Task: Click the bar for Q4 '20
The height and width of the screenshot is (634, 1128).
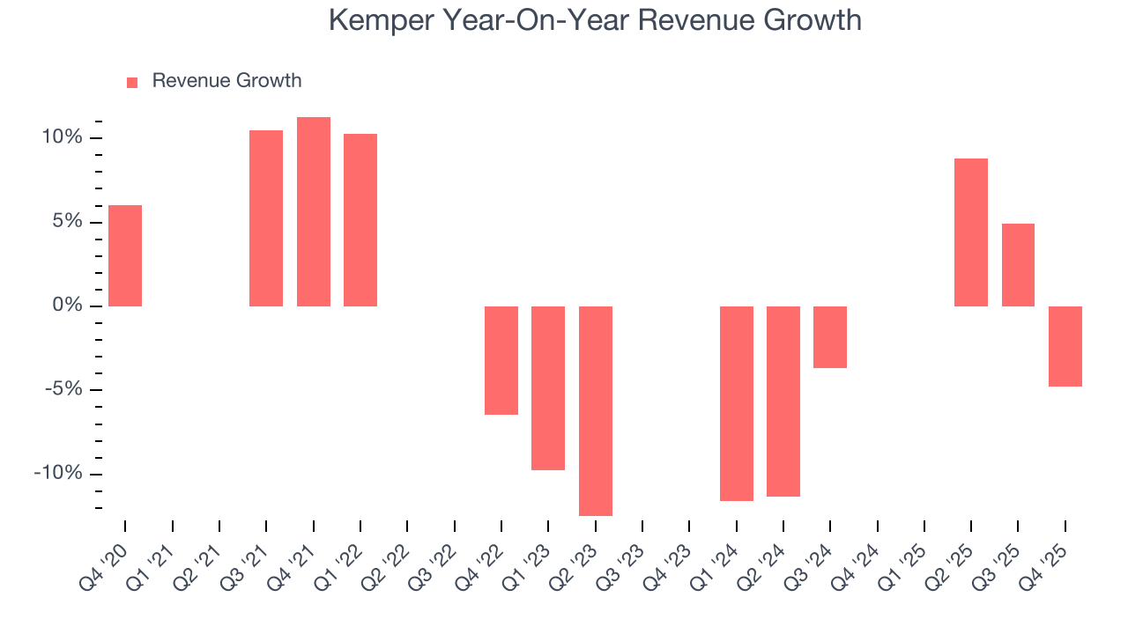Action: (125, 255)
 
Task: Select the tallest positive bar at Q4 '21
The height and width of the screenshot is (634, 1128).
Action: (314, 211)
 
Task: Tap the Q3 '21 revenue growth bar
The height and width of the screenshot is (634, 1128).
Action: (266, 218)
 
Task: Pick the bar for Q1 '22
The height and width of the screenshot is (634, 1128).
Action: (360, 220)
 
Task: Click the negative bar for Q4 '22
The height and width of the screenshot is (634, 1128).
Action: (501, 360)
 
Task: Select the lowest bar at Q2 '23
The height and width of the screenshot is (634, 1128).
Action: (596, 410)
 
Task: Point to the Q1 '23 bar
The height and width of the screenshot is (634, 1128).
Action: (548, 387)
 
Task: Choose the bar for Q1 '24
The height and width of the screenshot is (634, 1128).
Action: (737, 403)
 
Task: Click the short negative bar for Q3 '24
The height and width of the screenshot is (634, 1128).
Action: (830, 336)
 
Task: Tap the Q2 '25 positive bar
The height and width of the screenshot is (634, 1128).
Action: (971, 232)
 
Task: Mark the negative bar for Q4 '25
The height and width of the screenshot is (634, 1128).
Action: (1065, 346)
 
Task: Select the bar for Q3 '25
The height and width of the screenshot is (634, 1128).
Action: (1018, 265)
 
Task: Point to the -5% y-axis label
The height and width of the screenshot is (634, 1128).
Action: (62, 390)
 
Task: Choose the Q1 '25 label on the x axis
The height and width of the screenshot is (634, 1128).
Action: (903, 562)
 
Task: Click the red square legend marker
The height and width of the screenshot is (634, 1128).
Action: (132, 82)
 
